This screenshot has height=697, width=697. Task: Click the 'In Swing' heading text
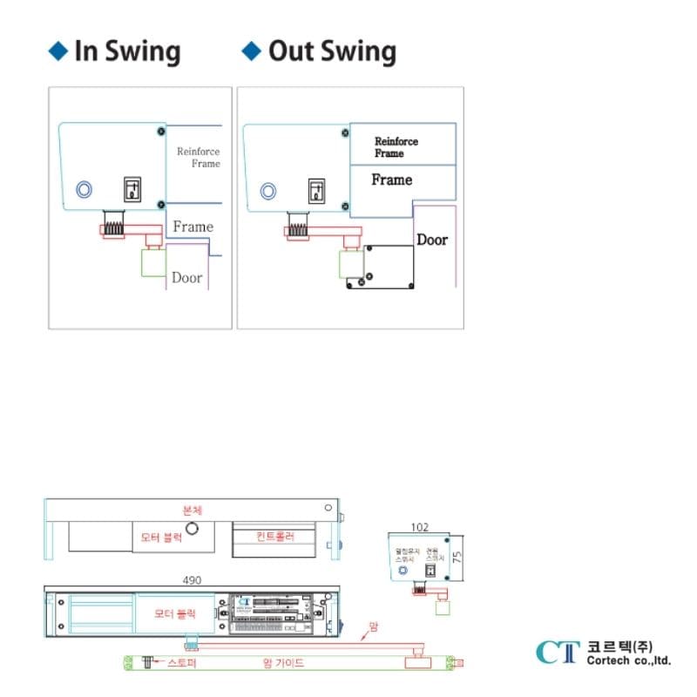tap(127, 51)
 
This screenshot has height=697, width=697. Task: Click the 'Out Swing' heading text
tap(332, 51)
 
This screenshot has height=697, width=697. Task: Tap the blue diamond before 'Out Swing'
tap(251, 51)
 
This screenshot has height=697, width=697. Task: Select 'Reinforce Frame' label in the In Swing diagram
tap(199, 157)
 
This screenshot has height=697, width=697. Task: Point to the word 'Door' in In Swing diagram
tap(186, 278)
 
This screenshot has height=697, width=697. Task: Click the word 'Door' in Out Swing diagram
tap(432, 240)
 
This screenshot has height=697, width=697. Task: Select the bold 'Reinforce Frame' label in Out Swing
tap(396, 146)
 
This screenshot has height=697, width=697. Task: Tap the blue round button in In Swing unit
tap(85, 190)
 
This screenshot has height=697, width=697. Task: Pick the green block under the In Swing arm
tap(153, 263)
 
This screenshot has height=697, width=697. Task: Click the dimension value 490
tap(193, 580)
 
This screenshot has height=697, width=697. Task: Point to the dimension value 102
tap(420, 526)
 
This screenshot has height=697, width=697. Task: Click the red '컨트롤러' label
tap(275, 536)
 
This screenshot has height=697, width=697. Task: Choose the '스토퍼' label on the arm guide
tap(182, 663)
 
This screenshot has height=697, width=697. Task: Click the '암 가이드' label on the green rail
tap(283, 663)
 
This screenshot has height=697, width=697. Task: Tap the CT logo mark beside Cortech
tap(558, 652)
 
